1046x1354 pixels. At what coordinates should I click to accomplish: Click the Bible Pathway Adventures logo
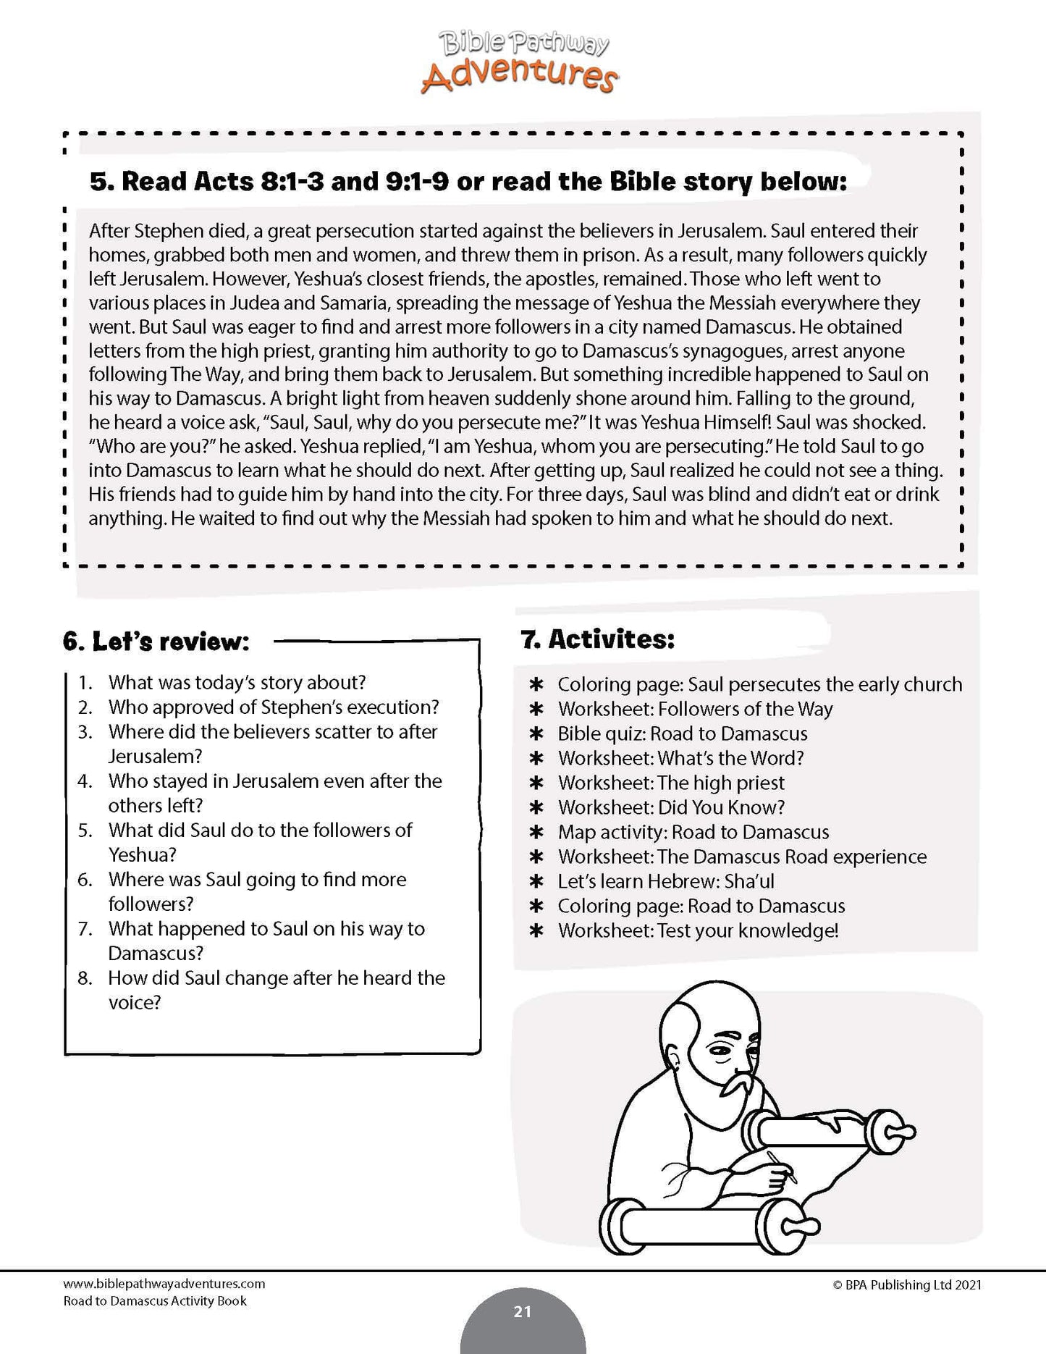pyautogui.click(x=520, y=63)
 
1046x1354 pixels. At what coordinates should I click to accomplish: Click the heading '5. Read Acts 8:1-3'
pyautogui.click(x=468, y=181)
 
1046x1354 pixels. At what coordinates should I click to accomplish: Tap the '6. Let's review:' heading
pyautogui.click(x=156, y=642)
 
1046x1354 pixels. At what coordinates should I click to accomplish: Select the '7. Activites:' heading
pyautogui.click(x=597, y=639)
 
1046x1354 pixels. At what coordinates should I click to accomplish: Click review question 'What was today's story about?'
pyautogui.click(x=237, y=683)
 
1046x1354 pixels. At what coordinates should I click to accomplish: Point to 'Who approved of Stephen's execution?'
pyautogui.click(x=274, y=707)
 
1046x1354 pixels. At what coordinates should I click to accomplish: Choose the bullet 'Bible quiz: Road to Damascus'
pyautogui.click(x=682, y=733)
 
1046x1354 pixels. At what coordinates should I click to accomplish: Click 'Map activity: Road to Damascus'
pyautogui.click(x=693, y=832)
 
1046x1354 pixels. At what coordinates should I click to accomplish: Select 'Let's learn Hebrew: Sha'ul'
pyautogui.click(x=665, y=881)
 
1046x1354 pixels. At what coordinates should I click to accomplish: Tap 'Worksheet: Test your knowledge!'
pyautogui.click(x=698, y=930)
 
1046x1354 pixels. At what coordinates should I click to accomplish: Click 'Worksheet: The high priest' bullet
pyautogui.click(x=670, y=783)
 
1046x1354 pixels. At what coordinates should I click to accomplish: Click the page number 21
pyautogui.click(x=522, y=1311)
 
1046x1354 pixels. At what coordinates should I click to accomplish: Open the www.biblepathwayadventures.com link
pyautogui.click(x=164, y=1284)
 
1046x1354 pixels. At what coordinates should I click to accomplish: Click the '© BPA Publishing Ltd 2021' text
pyautogui.click(x=906, y=1284)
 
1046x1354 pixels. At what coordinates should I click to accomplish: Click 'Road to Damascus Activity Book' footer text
pyautogui.click(x=155, y=1301)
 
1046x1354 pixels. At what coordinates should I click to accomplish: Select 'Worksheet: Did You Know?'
pyautogui.click(x=671, y=807)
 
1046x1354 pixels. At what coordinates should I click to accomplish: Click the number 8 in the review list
pyautogui.click(x=85, y=978)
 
